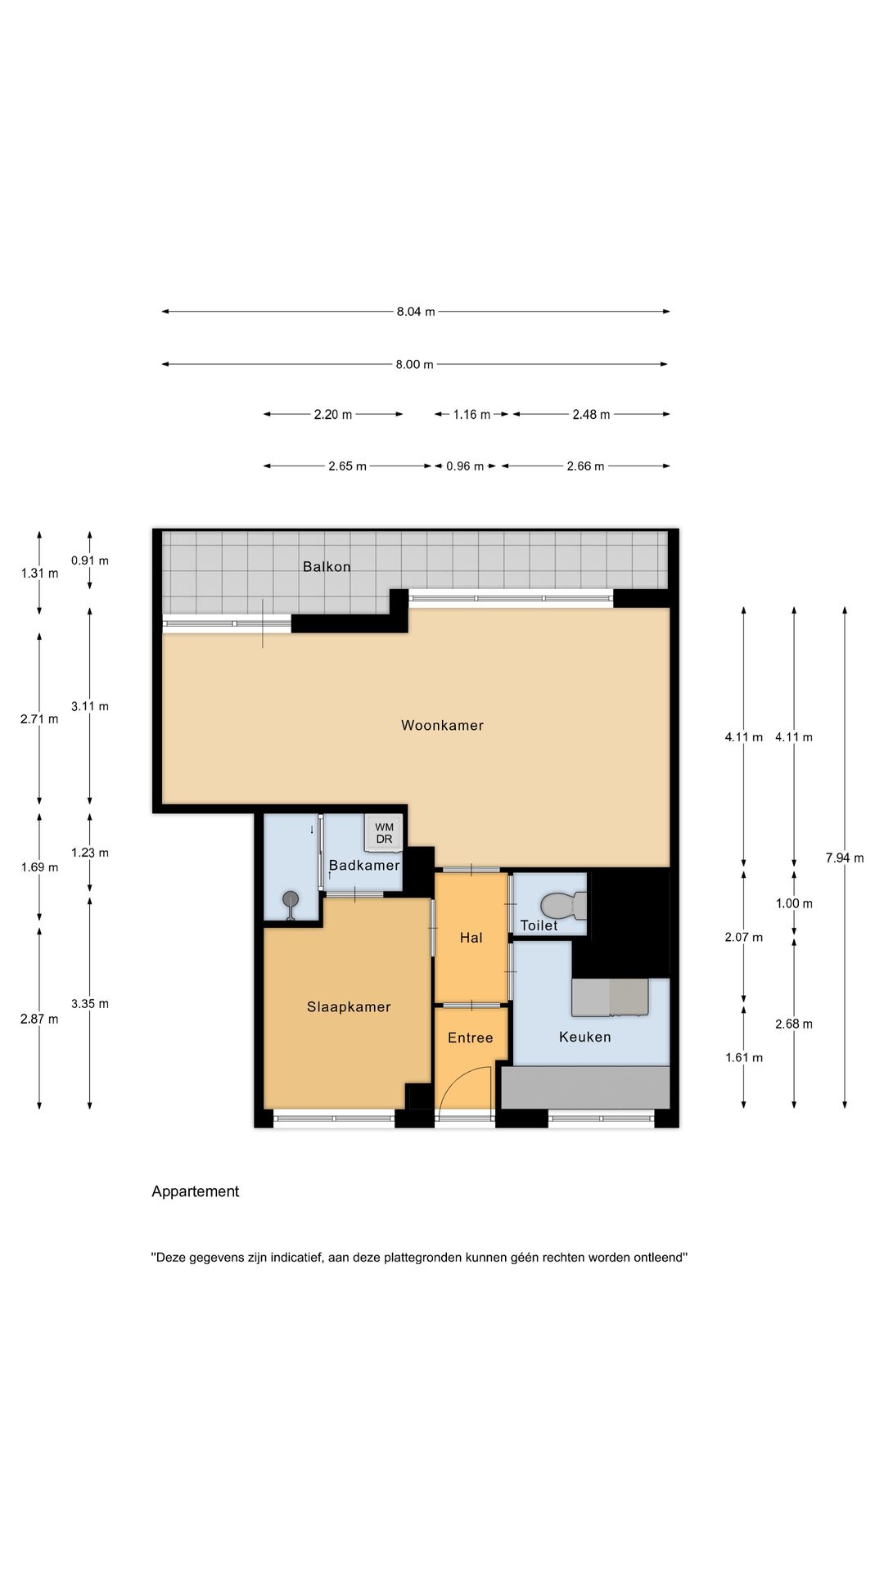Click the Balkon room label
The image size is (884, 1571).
coord(327,566)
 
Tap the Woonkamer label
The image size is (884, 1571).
coord(442,725)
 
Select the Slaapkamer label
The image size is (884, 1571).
coord(349,1007)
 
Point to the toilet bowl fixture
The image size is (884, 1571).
coord(563,906)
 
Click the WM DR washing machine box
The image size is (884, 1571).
coord(384,833)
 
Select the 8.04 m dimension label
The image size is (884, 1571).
coord(416,312)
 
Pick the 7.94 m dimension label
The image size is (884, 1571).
coord(845,858)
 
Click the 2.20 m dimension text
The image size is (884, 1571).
coord(333,415)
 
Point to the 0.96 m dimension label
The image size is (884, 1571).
coord(465,466)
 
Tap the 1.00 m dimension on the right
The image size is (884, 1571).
coord(794,904)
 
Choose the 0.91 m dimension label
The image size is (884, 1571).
coord(90,561)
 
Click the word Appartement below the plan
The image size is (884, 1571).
coord(196,1192)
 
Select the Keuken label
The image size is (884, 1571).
coord(585,1038)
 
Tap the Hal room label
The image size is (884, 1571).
coord(471,939)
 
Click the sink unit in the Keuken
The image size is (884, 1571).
coord(610,997)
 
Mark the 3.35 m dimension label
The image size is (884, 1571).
coord(90,1004)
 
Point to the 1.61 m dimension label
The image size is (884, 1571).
coord(744,1058)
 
